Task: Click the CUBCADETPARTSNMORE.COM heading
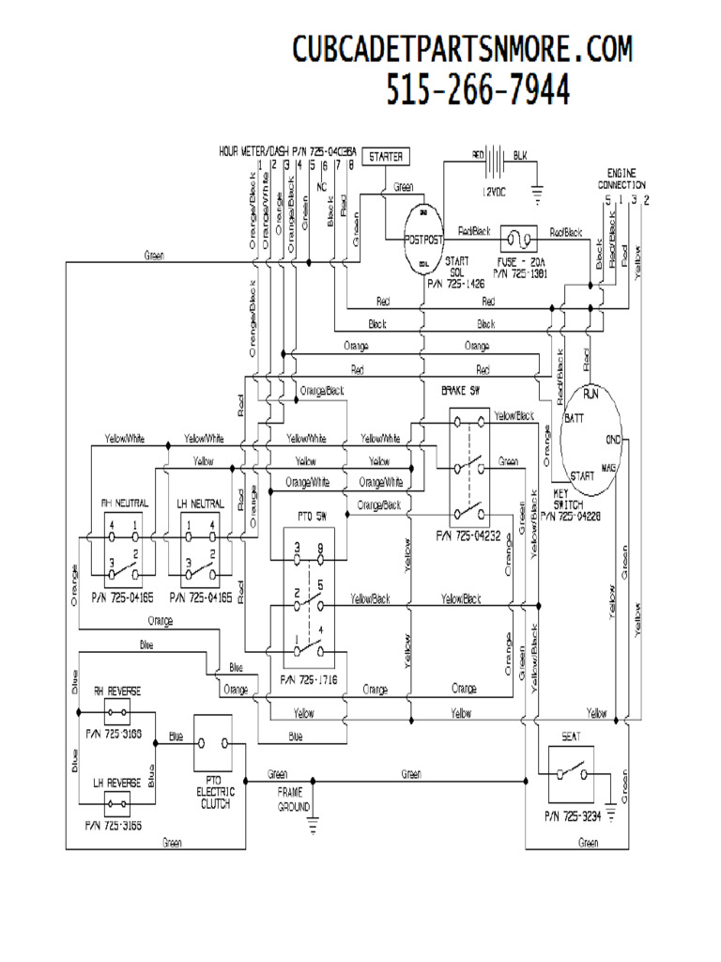462,48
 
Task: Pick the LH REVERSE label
117,782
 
